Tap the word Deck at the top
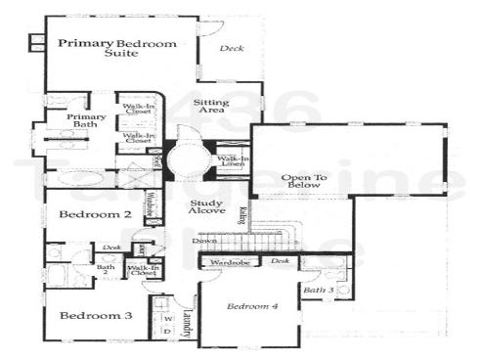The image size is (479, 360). point(232,48)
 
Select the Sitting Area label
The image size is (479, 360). point(211,107)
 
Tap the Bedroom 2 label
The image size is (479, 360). point(95,214)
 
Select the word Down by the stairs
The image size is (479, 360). point(204,240)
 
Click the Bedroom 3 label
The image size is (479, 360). point(95,316)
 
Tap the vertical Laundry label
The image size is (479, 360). point(188,322)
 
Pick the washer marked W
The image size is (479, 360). point(166,317)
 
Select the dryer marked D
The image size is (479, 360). point(166,332)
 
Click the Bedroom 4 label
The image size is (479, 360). point(253,307)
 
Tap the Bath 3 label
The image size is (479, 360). point(318,291)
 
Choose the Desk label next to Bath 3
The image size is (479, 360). point(280,261)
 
